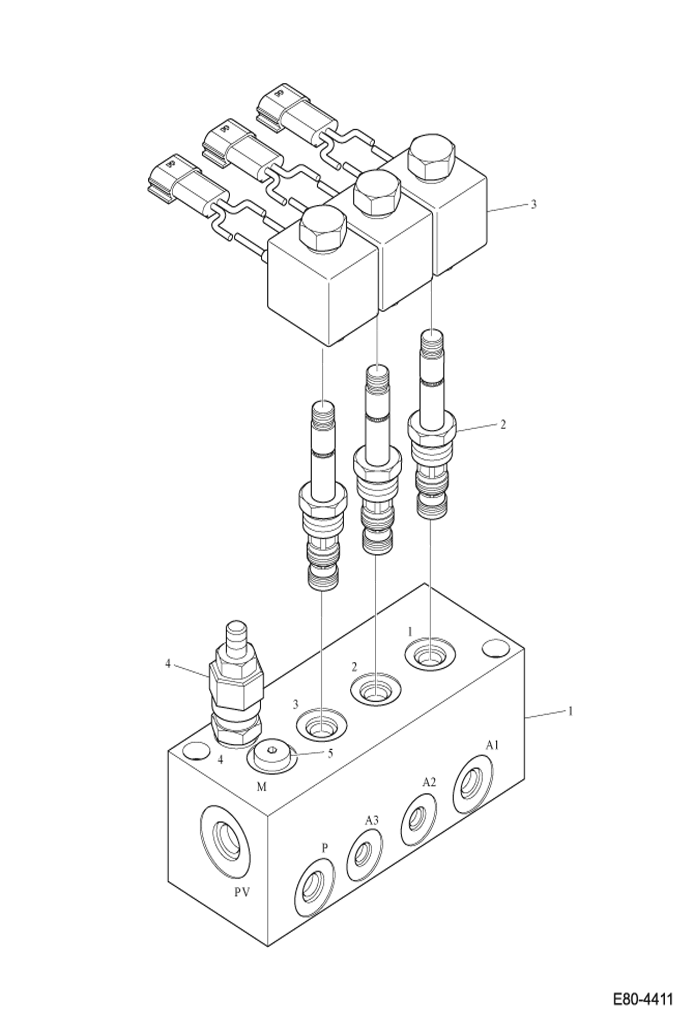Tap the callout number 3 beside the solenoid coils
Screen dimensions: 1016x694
pyautogui.click(x=533, y=204)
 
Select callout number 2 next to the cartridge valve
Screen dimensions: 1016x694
pyautogui.click(x=503, y=424)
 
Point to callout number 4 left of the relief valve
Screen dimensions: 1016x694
pyautogui.click(x=168, y=664)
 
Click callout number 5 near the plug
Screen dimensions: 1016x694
pyautogui.click(x=330, y=753)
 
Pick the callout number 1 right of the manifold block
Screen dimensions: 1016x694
pyautogui.click(x=570, y=711)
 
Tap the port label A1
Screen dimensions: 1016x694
pyautogui.click(x=492, y=745)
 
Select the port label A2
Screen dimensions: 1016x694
pyautogui.click(x=429, y=782)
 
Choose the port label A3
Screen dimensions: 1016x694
pyautogui.click(x=372, y=821)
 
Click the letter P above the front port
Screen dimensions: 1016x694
pyautogui.click(x=325, y=848)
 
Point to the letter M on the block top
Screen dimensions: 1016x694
pyautogui.click(x=262, y=786)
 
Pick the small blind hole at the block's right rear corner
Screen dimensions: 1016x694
pyautogui.click(x=495, y=649)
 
